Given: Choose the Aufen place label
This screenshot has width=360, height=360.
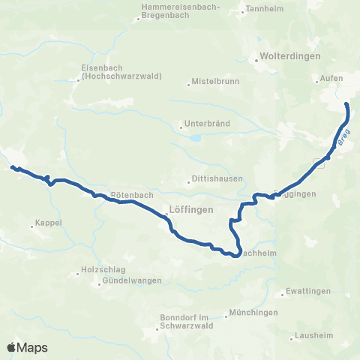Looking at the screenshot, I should pos(331,79).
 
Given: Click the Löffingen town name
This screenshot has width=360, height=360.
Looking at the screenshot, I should pos(192,209).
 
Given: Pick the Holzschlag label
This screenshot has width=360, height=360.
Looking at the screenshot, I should pos(99,271).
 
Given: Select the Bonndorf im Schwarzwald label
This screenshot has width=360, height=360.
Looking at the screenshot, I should pos(187,322).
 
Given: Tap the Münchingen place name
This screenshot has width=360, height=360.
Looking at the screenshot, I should pos(253,312).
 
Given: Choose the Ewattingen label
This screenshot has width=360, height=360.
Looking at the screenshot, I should pos(304,292).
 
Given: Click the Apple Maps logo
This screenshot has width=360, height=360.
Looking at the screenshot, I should pos(27,347).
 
